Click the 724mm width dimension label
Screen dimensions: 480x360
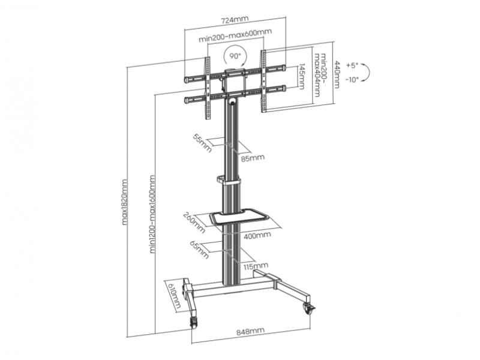coord(235,20)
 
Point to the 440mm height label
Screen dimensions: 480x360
coord(337,74)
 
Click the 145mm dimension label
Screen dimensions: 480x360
coord(301,77)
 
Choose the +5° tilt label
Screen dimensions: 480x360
coord(352,65)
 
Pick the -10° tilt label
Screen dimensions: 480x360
coord(352,80)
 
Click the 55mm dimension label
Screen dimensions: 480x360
coord(202,143)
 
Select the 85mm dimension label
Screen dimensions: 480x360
coord(252,158)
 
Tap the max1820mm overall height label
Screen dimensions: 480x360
coord(124,202)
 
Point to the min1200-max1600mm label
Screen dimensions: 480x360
coord(152,214)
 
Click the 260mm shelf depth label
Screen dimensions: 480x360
coord(194,223)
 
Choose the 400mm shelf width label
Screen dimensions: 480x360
coord(257,235)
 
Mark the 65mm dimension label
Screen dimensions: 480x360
coord(200,250)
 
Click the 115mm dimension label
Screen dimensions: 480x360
coord(256,266)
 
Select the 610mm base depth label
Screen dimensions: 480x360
coord(173,295)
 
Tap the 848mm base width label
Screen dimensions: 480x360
coord(250,332)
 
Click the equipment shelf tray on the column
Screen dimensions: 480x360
coord(238,217)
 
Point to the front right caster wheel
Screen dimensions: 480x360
coord(309,308)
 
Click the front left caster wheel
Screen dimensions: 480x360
coord(193,323)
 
